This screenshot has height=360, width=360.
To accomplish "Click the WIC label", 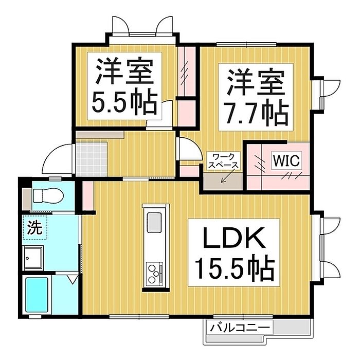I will tap(285, 160).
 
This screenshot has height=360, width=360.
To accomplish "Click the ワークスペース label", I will tap(223, 160).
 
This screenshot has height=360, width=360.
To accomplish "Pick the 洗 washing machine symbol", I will tap(34, 227).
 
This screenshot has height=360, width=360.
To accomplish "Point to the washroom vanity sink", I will tap(35, 256).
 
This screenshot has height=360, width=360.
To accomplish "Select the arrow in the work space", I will tap(225, 177).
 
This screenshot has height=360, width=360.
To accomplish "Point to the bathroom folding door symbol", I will tap(72, 279).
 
